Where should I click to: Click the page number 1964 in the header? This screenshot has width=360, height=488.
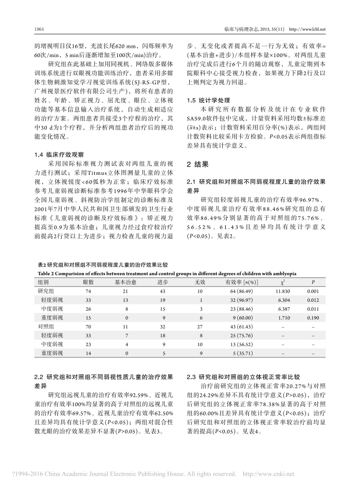tap(38, 29)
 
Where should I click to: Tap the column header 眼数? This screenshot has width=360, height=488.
tap(88, 282)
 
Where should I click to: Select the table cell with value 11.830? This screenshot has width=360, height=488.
tap(282, 291)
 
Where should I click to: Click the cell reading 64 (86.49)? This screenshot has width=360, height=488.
tap(237, 291)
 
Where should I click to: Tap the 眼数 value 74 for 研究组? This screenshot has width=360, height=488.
tap(88, 291)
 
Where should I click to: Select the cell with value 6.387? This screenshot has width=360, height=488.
tap(282, 308)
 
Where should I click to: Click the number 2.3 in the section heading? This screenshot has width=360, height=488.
tap(191, 376)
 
